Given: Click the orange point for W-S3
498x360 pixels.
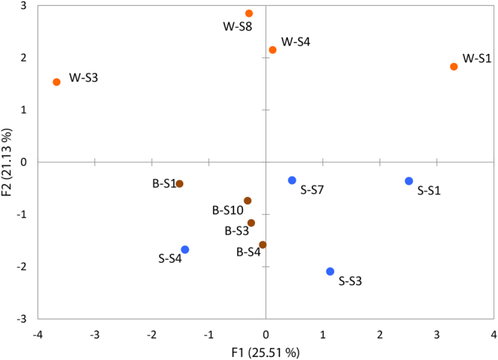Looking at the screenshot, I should tap(57, 82).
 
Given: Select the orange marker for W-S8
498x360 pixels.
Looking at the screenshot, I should tap(249, 13).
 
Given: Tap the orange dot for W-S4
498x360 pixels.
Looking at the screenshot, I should tap(273, 50).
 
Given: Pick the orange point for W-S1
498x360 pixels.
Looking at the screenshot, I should tap(454, 67).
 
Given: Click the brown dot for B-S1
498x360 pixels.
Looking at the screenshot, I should tap(179, 184).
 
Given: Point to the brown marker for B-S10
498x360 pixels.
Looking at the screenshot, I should tap(248, 201).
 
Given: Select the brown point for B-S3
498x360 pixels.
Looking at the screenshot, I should tap(251, 223).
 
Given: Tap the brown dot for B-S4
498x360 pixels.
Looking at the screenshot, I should tap(262, 245).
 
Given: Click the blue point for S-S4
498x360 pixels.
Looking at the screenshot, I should tap(185, 250).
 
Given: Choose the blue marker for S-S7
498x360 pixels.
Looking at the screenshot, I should tap(292, 180).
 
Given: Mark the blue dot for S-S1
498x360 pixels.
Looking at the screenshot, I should tap(409, 181).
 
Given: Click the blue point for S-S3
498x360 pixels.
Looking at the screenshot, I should tap(330, 272).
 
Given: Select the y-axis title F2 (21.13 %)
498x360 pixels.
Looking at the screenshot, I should tap(9, 162).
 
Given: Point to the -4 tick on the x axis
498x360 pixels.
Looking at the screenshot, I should tap(37, 332).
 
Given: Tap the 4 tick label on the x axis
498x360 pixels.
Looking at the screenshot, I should tap(494, 332).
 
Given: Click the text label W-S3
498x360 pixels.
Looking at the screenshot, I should tap(83, 77).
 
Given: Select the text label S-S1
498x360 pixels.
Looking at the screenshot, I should tap(428, 191).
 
